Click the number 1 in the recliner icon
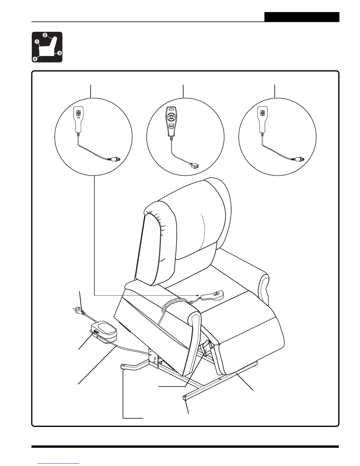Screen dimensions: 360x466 pyautogui.click(x=37, y=42)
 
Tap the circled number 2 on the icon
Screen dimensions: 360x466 pyautogui.click(x=45, y=35)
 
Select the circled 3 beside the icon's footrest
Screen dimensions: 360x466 pyautogui.click(x=59, y=53)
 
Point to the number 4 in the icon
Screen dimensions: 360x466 pyautogui.click(x=35, y=59)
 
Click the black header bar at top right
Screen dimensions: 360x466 pyautogui.click(x=301, y=17)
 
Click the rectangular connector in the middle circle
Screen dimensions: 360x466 pyautogui.click(x=194, y=165)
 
